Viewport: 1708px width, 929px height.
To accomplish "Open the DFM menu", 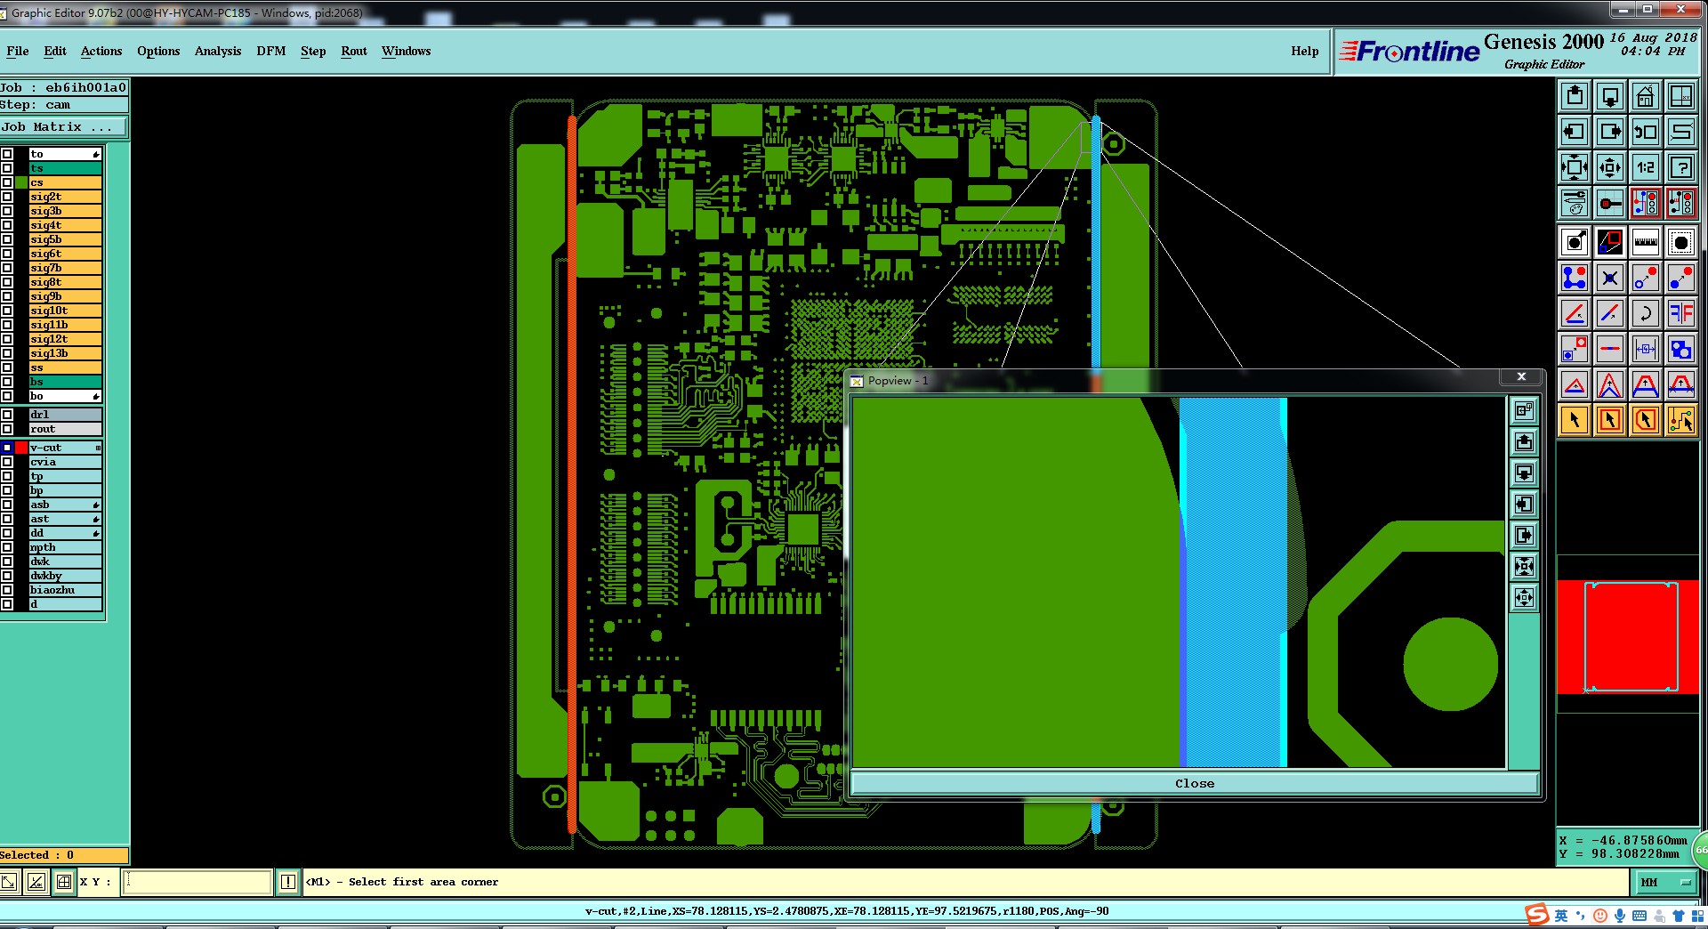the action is (x=271, y=51).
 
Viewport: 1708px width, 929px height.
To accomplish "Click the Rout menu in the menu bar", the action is (x=354, y=51).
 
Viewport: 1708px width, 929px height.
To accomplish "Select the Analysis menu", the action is (x=218, y=51).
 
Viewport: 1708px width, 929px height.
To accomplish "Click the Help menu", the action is (x=1305, y=51).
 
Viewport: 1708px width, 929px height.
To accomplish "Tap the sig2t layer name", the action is (x=46, y=197).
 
